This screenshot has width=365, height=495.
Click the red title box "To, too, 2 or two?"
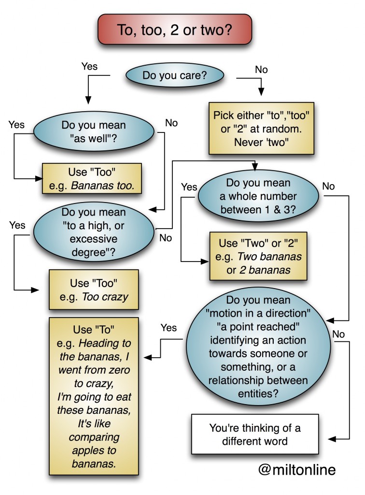click(175, 29)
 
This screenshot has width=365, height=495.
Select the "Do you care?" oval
click(175, 75)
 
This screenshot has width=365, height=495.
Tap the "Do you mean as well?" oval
click(94, 131)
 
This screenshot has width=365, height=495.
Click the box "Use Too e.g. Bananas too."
click(92, 179)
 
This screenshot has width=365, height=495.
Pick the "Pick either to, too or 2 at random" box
click(261, 128)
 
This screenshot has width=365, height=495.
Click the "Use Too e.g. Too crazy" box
click(94, 290)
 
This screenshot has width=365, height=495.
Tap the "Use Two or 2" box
click(258, 256)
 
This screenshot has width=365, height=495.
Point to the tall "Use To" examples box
click(94, 396)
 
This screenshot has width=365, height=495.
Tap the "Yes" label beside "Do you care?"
click(89, 66)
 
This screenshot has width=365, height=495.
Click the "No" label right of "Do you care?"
click(261, 70)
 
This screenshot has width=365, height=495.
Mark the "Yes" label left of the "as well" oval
click(17, 124)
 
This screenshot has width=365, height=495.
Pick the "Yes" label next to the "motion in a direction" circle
click(168, 328)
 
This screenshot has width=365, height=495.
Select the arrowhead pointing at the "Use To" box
click(148, 357)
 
